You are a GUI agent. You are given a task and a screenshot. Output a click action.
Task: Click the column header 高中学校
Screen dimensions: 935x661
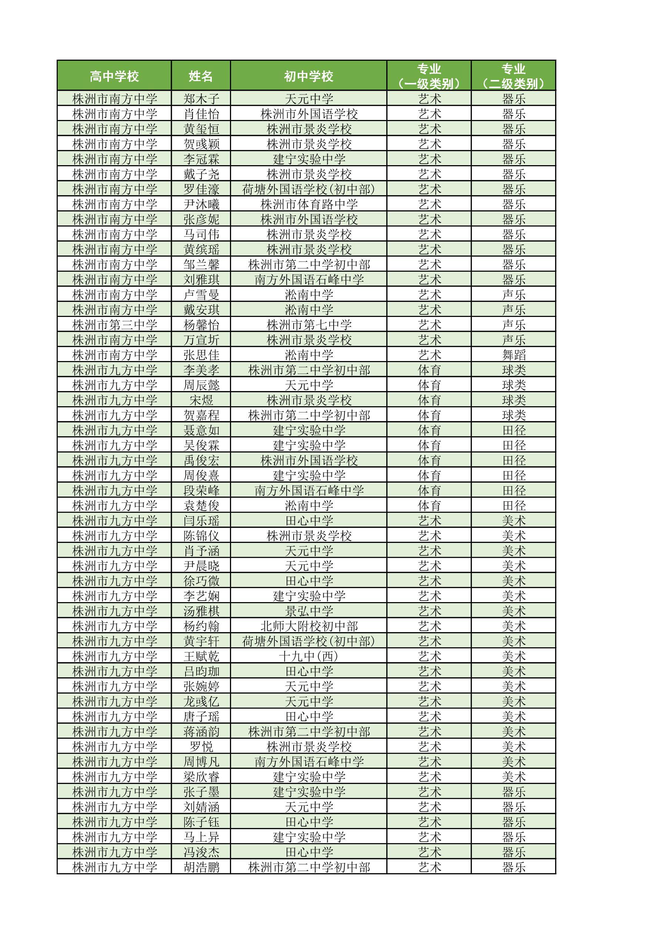114,76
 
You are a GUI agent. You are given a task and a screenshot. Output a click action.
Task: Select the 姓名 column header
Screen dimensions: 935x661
201,76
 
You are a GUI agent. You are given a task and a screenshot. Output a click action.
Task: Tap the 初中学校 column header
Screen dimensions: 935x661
308,76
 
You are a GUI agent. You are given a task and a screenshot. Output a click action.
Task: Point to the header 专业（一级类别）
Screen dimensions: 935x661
429,76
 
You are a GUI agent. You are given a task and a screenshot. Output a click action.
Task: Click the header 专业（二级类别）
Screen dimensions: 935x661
513,76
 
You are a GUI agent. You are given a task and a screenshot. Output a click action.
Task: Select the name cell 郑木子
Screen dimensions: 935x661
201,98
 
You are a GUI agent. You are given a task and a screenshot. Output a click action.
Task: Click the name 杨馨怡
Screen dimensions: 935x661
201,324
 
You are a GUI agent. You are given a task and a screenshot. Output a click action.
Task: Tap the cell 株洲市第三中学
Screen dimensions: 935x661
114,324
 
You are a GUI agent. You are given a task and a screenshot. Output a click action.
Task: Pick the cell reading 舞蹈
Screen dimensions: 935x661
514,355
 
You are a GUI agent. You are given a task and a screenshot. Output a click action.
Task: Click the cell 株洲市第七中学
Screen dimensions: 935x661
309,324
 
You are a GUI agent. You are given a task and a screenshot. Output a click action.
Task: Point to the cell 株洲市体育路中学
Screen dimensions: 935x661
309,204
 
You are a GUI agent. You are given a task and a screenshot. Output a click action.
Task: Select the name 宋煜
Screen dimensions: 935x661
201,400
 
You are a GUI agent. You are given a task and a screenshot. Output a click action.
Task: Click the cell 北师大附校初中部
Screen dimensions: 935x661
309,626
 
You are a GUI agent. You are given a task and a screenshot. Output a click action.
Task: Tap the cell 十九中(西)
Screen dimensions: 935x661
309,656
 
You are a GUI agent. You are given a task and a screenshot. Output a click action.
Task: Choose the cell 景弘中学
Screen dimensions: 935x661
309,611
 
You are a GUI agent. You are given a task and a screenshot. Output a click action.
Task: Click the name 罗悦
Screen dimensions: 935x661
201,747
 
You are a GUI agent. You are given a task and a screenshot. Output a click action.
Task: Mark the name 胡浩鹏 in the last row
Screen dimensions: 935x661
201,867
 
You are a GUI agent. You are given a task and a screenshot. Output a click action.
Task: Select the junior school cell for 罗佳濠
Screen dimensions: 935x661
309,189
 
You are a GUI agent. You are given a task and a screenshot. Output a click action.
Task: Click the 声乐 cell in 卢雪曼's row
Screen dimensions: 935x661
514,294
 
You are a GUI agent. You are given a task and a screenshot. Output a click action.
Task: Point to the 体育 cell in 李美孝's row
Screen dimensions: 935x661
429,370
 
